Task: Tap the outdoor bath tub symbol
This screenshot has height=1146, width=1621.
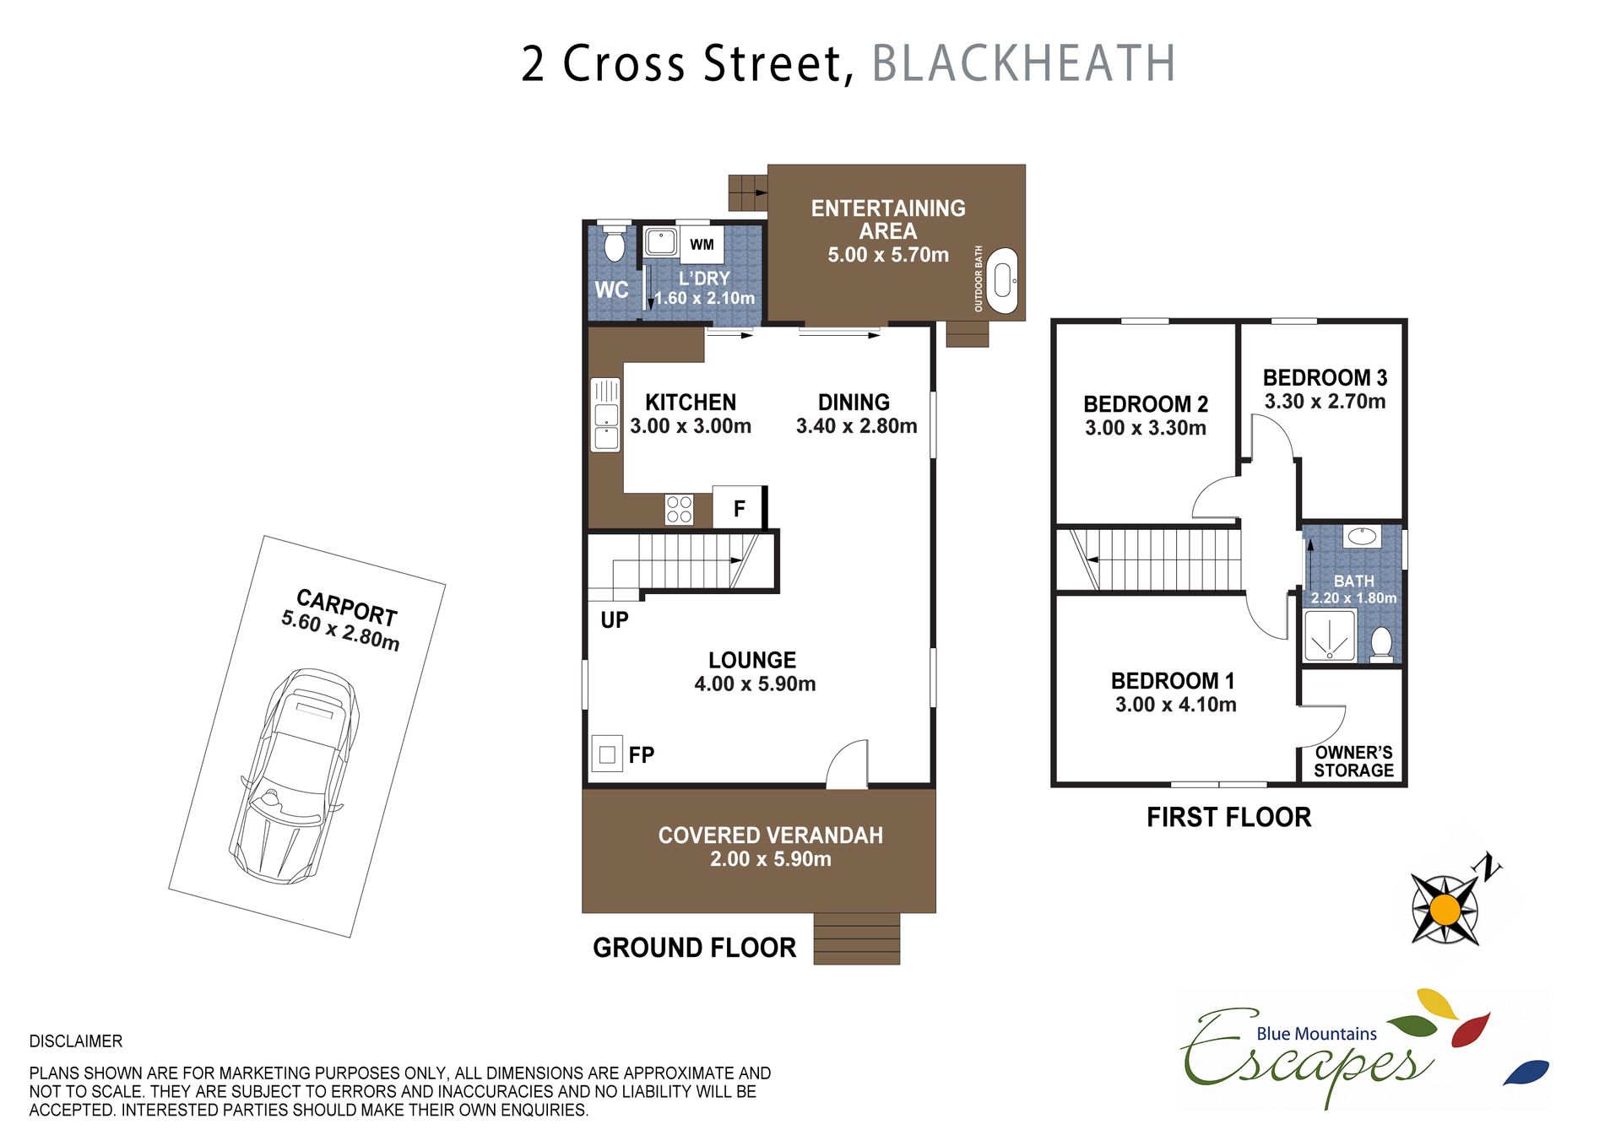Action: click(1003, 281)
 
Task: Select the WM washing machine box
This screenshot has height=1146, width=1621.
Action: click(701, 245)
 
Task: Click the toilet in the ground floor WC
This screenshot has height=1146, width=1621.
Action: click(615, 242)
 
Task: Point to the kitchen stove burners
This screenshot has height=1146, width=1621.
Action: click(679, 510)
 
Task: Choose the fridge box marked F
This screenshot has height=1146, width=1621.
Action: click(739, 508)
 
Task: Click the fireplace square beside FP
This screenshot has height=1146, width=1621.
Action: click(606, 754)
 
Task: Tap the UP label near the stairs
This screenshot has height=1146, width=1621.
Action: click(615, 620)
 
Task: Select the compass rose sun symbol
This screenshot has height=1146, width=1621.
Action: click(1445, 910)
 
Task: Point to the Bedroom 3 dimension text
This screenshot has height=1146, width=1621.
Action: click(1325, 402)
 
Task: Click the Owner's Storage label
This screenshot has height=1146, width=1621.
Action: click(1353, 761)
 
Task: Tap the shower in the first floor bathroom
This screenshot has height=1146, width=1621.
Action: click(1330, 636)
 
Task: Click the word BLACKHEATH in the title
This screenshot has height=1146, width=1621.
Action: click(1023, 63)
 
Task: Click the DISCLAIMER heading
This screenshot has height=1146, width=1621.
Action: click(76, 1041)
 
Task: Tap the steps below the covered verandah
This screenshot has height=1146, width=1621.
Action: click(856, 938)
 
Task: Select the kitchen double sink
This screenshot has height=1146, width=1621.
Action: click(605, 415)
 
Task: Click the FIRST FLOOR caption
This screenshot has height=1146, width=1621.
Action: click(1228, 817)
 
